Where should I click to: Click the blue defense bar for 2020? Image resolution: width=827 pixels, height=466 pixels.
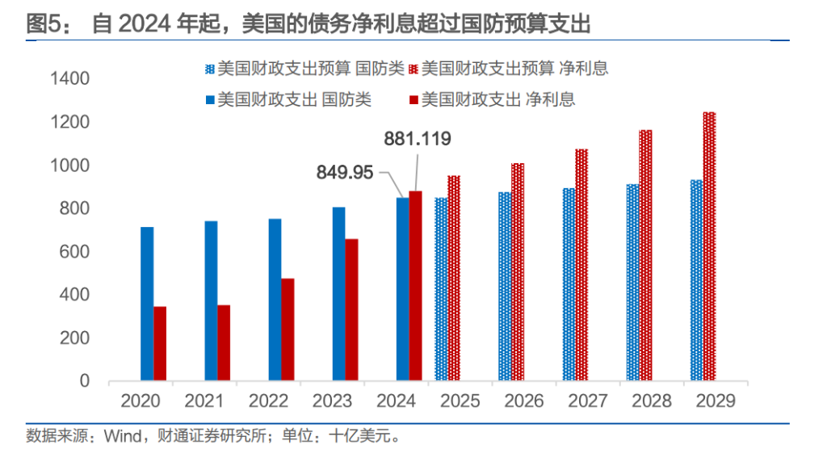click(147, 304)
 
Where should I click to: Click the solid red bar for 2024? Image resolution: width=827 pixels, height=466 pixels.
click(415, 286)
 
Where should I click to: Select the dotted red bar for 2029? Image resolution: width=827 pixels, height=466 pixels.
click(709, 246)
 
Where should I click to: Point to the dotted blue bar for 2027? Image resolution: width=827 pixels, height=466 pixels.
click(569, 284)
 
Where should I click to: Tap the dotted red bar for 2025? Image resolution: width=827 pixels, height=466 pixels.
click(454, 278)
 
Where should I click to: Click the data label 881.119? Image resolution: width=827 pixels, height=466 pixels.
click(418, 139)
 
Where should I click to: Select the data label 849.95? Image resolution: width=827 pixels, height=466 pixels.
click(344, 172)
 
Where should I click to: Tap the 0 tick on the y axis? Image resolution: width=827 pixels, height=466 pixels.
click(84, 381)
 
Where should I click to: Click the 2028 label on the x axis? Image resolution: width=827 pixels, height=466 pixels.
click(650, 401)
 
